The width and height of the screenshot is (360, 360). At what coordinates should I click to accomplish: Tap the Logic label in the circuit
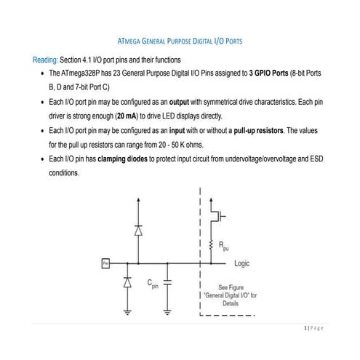[x=242, y=263]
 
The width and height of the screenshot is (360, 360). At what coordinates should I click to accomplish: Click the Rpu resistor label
[x=225, y=247]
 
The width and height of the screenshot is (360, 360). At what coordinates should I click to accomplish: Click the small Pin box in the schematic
[x=105, y=263]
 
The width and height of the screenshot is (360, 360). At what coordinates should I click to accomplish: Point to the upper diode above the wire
[x=137, y=230]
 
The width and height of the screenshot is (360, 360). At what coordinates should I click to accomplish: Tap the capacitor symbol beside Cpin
[x=169, y=282]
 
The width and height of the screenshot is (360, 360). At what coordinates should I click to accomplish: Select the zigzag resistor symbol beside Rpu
[x=211, y=244]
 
